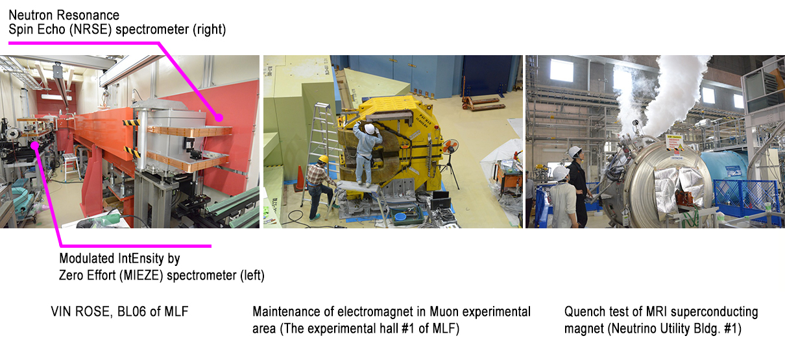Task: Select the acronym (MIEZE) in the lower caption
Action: click(x=141, y=276)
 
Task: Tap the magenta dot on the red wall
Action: click(x=219, y=118)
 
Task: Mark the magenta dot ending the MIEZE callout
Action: click(x=34, y=145)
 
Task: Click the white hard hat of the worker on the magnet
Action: click(x=369, y=128)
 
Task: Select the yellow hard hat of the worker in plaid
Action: click(x=323, y=160)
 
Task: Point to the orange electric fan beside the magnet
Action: click(x=450, y=146)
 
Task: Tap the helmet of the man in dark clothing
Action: click(x=575, y=152)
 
